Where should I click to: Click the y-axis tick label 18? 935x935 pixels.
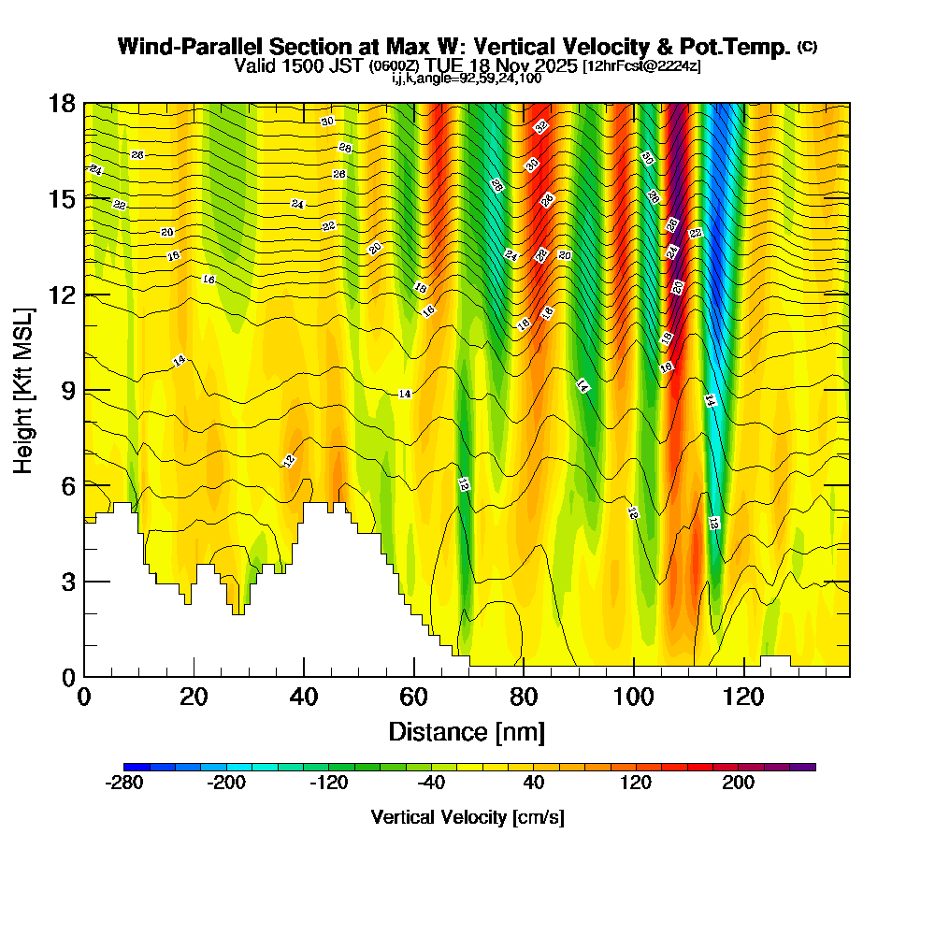[x=62, y=103]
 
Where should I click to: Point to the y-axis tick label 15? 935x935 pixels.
[x=62, y=198]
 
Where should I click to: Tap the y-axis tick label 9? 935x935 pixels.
[x=68, y=390]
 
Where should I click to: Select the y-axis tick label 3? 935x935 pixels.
[x=68, y=582]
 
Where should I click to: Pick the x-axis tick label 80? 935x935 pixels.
[x=524, y=698]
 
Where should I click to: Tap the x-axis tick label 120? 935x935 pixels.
[x=743, y=698]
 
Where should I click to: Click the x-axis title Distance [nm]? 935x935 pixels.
[x=467, y=730]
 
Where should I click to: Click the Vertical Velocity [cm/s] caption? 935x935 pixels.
[x=467, y=817]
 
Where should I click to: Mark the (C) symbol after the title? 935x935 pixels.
[x=807, y=47]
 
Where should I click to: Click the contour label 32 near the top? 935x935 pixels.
[x=541, y=126]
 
